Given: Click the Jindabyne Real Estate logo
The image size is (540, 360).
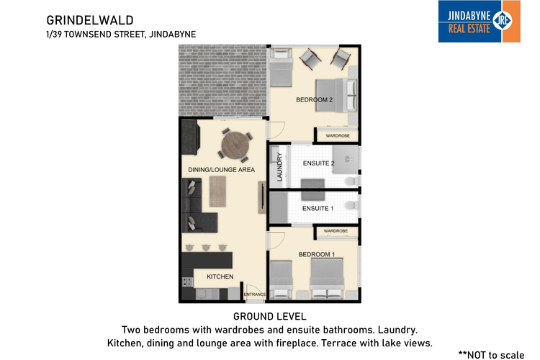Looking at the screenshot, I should coord(479,21).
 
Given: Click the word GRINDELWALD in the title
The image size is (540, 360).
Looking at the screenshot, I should coord(80,20).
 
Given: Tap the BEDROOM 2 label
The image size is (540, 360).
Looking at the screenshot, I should coord(315,100).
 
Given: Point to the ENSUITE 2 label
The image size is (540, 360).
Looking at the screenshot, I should coord(318,163).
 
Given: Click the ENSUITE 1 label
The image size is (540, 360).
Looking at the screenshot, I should coord(318,208).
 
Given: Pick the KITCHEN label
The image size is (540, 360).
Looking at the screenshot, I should coord(220,276).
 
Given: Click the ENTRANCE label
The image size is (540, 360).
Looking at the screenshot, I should coord(255,294).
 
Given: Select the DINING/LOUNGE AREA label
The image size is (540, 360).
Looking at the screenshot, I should coord(222,169).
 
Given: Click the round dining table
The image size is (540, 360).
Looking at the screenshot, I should coord(235,145).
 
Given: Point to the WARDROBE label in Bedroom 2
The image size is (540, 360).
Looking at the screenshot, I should coord(337,135).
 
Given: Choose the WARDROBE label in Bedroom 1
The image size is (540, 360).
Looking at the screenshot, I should coord(336,231).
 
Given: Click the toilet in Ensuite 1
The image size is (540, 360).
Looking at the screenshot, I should coord(351,207).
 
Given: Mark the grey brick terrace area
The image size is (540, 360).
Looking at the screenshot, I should coord(222,79).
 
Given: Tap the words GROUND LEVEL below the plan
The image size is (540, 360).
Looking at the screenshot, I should coord(270,316).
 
